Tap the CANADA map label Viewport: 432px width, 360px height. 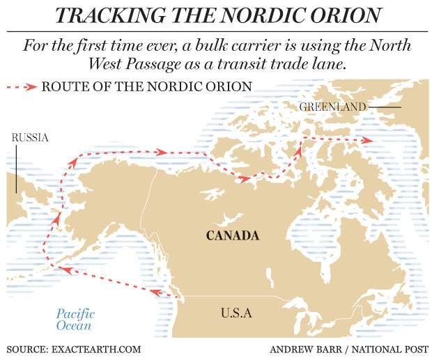tap(233, 235)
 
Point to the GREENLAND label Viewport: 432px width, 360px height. tap(332, 107)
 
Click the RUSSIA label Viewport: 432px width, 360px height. tap(30, 138)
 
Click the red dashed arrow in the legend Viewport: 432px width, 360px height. tap(22, 87)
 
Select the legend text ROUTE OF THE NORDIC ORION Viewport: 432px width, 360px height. tap(146, 87)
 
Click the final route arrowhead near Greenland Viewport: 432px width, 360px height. tap(367, 141)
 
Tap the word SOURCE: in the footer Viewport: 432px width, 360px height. tap(26, 348)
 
